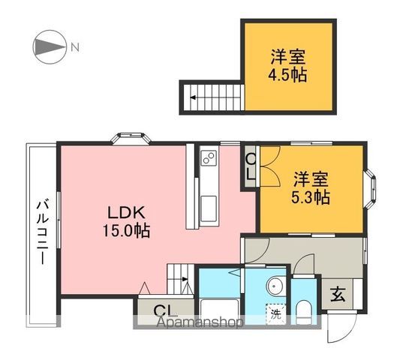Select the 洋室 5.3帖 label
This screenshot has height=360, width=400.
(x=311, y=188)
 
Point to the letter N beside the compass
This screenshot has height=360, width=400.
(x=74, y=48)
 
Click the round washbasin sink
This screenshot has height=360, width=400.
(x=275, y=285)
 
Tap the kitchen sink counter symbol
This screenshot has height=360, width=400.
(x=208, y=187)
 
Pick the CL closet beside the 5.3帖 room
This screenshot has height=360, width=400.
(x=251, y=166)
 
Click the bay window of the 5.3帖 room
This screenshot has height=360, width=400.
(x=373, y=189)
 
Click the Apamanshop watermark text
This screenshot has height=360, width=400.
(x=199, y=323)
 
